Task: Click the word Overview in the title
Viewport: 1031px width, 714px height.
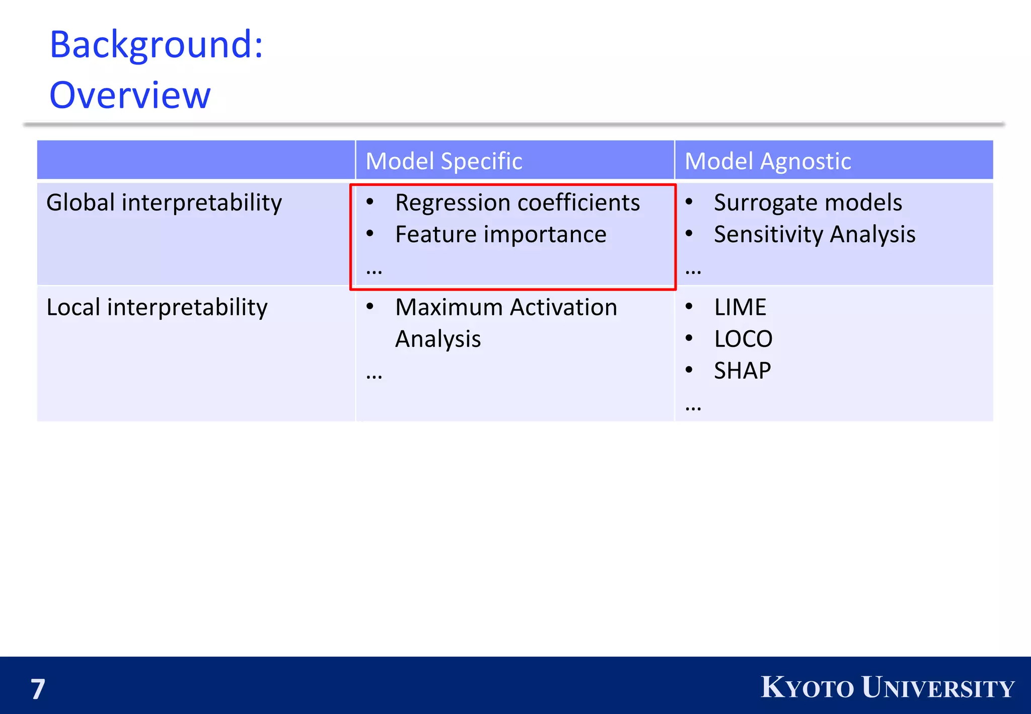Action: (x=130, y=95)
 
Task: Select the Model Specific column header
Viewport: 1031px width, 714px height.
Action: (x=444, y=161)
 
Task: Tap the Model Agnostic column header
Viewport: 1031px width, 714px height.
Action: (x=767, y=161)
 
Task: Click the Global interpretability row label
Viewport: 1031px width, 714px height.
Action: (x=164, y=203)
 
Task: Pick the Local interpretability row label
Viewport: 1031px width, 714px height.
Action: (x=157, y=308)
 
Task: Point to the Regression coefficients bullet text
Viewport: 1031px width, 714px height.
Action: (x=517, y=203)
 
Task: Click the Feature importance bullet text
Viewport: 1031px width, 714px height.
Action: (x=500, y=235)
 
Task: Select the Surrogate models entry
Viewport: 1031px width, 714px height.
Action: (x=807, y=203)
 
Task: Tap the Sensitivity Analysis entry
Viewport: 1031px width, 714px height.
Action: (x=814, y=235)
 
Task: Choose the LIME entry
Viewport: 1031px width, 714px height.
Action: (x=740, y=307)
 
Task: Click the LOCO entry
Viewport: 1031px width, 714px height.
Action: (x=743, y=339)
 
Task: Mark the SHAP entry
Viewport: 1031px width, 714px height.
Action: (x=742, y=371)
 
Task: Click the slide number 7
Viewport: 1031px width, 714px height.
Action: (x=38, y=689)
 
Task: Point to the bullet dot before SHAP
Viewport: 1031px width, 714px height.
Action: (x=689, y=370)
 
